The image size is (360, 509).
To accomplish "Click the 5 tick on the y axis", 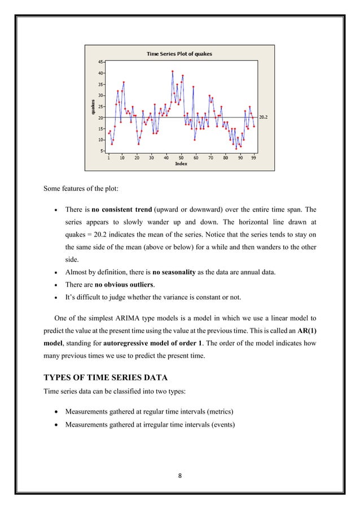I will coord(102,151).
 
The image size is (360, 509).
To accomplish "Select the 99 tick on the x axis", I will coord(254,159).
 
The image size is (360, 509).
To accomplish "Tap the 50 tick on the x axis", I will coord(181,159).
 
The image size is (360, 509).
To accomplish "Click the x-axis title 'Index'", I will coord(181,164).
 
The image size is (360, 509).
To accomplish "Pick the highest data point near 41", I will coord(172,72).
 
